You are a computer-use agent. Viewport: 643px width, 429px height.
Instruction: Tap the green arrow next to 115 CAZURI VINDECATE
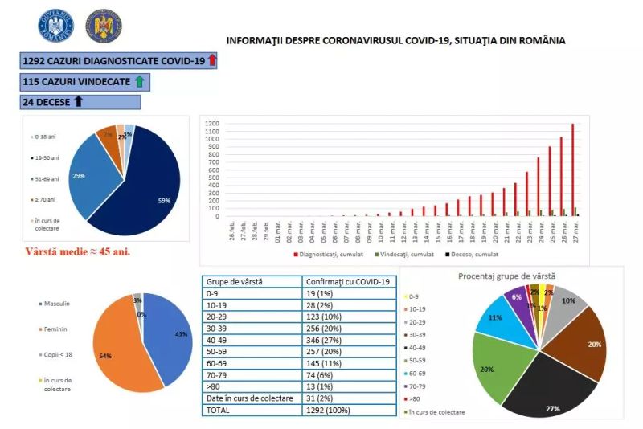click(x=140, y=81)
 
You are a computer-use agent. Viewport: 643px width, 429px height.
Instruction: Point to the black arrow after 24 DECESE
click(x=78, y=102)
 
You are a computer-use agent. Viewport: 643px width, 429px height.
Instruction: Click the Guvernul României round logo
click(x=55, y=26)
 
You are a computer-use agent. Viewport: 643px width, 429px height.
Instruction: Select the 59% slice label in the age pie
click(x=164, y=201)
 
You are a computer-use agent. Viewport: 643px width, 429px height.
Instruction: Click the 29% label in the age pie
click(x=79, y=174)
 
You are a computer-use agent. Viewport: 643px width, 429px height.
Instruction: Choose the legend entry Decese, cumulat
click(x=461, y=255)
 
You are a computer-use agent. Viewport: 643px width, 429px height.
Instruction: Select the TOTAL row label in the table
click(x=219, y=410)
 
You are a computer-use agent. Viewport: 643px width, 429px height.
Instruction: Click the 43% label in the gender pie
click(x=182, y=333)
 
